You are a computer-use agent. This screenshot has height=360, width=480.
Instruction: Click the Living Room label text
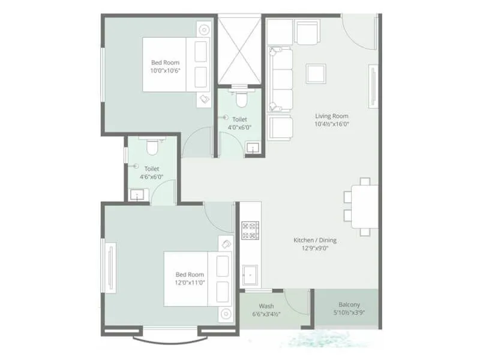(x=332, y=116)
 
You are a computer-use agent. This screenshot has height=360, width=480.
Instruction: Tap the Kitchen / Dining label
(x=315, y=240)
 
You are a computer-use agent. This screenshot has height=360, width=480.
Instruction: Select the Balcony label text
(x=349, y=304)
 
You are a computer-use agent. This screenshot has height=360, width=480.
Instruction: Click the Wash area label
(x=266, y=305)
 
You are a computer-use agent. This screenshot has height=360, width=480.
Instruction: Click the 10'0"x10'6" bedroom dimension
(x=165, y=70)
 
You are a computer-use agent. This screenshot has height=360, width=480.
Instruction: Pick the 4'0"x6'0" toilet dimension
(x=239, y=127)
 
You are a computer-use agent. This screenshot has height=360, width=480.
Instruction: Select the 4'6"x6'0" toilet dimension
(x=151, y=177)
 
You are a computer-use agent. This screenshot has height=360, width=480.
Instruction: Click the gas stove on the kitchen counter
(x=250, y=230)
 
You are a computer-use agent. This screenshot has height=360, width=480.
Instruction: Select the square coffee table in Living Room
(x=316, y=73)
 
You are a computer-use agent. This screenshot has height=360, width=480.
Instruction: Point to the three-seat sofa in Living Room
(x=281, y=79)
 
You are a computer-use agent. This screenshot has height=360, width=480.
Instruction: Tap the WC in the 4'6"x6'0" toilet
(x=152, y=146)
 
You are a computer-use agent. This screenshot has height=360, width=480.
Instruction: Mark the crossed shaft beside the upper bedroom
(x=240, y=49)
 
